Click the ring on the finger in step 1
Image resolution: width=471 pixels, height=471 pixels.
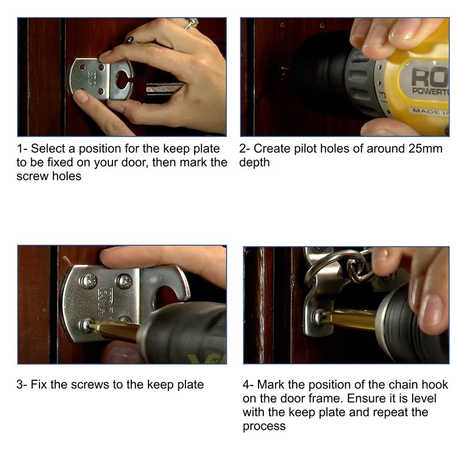pos(191,24)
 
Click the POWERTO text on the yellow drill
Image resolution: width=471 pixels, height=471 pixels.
pos(430,91)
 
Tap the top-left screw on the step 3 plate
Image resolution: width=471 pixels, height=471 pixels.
pos(88,281)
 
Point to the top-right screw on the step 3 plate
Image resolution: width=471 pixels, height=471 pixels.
pos(124,281)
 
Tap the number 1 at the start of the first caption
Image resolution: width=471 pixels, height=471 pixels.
pos(20,149)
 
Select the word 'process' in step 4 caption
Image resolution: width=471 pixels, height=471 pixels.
pos(264,427)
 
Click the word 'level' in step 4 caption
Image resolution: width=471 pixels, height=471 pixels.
pos(423,399)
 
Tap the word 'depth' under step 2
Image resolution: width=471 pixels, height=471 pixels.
pos(254,163)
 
